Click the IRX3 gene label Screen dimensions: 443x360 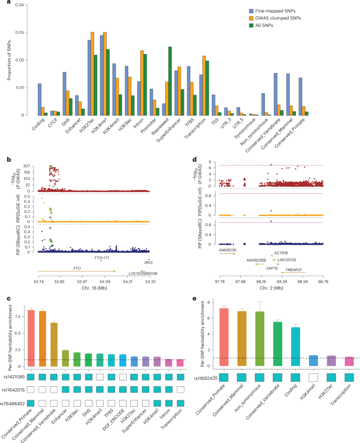148,262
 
